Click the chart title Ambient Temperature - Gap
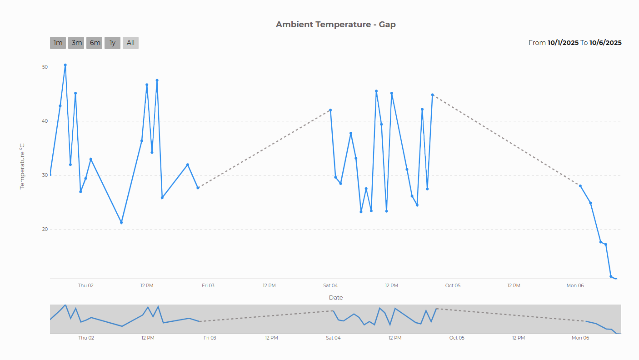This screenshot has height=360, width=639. click(335, 25)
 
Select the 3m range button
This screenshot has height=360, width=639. click(76, 43)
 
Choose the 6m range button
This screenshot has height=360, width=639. click(95, 43)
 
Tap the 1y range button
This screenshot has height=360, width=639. click(112, 43)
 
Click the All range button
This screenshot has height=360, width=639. click(130, 43)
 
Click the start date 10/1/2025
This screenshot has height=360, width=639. click(563, 43)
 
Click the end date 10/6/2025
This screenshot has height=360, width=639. click(605, 43)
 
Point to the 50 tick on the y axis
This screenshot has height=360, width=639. click(45, 67)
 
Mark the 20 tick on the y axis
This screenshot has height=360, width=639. click(45, 230)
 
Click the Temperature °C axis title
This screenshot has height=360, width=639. click(22, 166)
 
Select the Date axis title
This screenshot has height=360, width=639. click(336, 297)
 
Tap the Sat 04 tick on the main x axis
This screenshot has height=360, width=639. click(330, 285)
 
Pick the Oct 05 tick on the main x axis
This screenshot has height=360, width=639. click(453, 285)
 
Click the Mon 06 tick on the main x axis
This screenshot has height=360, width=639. click(575, 285)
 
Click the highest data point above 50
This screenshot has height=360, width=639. click(65, 65)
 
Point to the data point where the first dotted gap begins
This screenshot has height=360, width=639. click(198, 188)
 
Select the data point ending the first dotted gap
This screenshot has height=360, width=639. click(330, 110)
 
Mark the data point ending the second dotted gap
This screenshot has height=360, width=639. click(580, 186)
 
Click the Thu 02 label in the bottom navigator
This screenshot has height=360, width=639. click(86, 338)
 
